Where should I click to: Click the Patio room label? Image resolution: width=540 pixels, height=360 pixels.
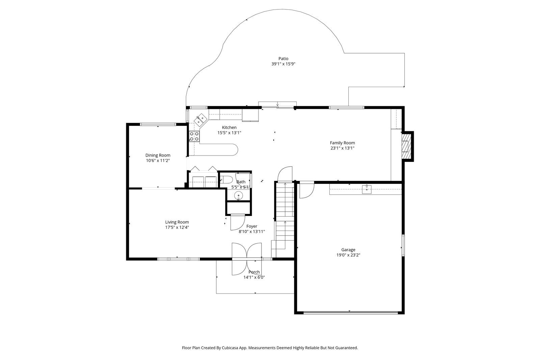tap(283, 59)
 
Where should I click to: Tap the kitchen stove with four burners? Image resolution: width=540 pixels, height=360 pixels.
tap(194, 136)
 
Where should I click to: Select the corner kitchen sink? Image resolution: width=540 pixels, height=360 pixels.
tap(200, 120)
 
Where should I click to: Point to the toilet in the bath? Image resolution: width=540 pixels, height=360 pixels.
tap(226, 180)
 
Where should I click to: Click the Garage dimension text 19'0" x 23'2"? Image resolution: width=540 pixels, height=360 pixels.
tap(348, 255)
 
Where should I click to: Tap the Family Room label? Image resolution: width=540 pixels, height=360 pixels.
tap(342, 143)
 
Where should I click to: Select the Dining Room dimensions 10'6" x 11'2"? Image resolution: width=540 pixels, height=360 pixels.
tap(158, 161)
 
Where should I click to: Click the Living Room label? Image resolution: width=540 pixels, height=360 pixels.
tap(177, 222)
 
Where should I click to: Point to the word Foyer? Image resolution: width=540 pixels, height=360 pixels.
tap(252, 226)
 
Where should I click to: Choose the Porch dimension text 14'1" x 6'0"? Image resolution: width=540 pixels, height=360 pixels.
tap(254, 277)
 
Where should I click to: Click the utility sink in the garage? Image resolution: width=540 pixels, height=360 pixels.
tap(367, 189)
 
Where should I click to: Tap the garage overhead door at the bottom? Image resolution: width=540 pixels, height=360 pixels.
tap(351, 312)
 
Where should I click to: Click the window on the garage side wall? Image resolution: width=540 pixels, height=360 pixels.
tap(403, 245)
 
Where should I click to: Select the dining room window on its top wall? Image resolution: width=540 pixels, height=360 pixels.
tap(158, 124)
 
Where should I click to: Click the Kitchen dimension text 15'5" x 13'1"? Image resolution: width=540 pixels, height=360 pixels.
tap(229, 133)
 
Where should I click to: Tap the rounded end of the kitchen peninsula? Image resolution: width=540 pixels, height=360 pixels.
tap(234, 150)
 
